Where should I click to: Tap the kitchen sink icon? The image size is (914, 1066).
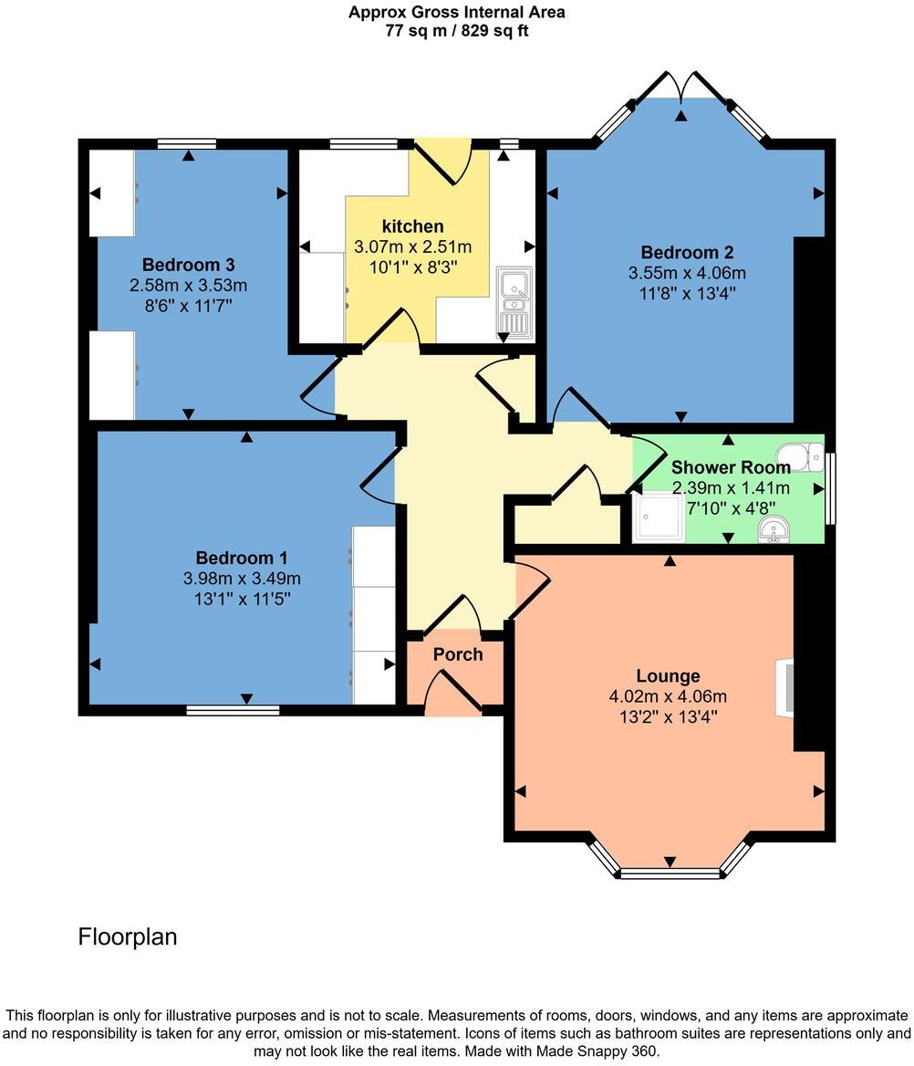(513, 301)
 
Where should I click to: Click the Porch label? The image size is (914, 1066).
(457, 654)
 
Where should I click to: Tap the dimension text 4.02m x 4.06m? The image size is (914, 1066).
(668, 696)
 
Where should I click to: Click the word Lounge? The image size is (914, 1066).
(668, 676)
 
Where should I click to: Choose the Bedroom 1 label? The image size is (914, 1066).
(234, 558)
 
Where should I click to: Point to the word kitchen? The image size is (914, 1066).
(412, 226)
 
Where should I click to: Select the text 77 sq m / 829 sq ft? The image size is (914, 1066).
(456, 30)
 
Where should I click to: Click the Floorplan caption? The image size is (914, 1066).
(128, 936)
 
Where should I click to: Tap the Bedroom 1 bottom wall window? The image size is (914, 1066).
(233, 709)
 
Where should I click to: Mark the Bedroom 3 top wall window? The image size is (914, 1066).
(186, 143)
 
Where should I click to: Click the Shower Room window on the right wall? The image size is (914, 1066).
(829, 488)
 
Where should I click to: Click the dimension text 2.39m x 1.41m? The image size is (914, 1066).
(731, 488)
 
